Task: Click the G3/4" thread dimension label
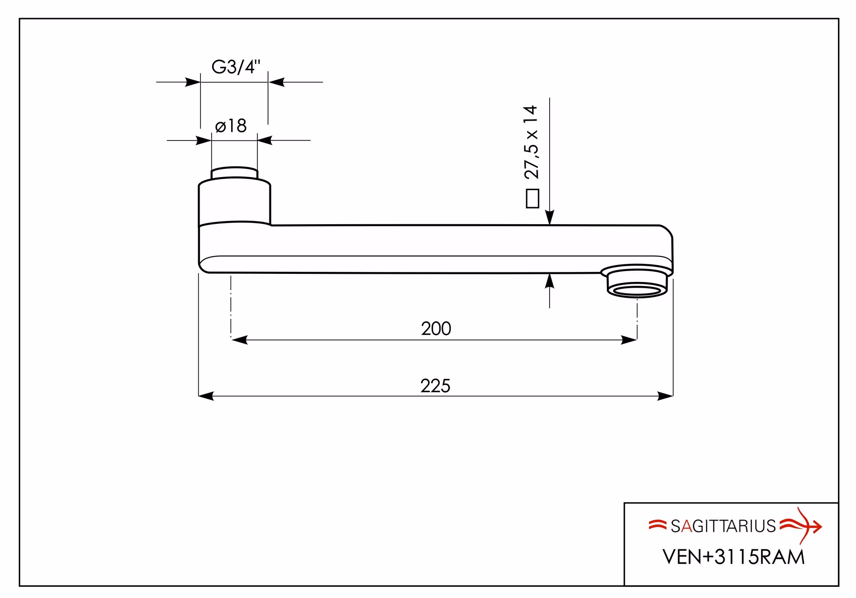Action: [x=236, y=67]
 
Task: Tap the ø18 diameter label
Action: [x=231, y=126]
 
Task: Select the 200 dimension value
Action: [x=436, y=329]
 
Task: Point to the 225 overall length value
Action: [x=435, y=386]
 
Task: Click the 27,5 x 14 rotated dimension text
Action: [x=532, y=142]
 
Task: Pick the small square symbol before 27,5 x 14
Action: [x=533, y=199]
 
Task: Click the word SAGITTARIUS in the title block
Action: [x=723, y=526]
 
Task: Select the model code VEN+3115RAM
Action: [x=733, y=557]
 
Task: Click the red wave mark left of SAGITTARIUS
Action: [x=657, y=525]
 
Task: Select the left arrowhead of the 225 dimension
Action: [x=206, y=396]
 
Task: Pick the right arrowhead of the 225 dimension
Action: [x=665, y=396]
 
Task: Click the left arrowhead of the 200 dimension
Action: [x=239, y=340]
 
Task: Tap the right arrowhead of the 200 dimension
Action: [x=629, y=340]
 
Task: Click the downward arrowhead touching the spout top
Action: [x=550, y=217]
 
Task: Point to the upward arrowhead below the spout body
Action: [x=550, y=281]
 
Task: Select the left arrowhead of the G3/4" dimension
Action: [x=193, y=82]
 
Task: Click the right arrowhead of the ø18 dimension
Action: [x=265, y=140]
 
